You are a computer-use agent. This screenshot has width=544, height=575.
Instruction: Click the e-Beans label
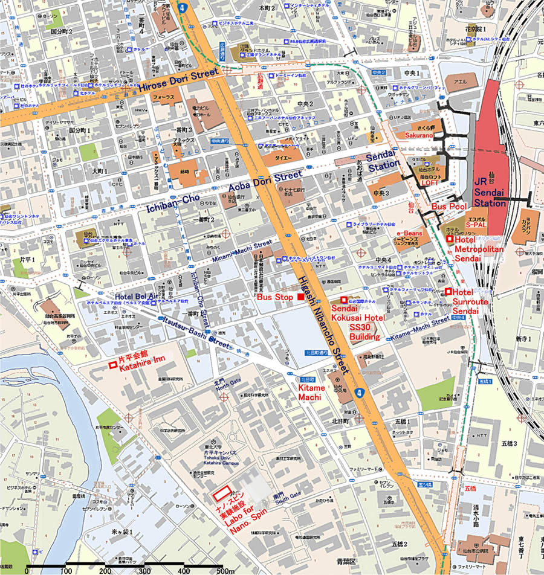(x=409, y=233)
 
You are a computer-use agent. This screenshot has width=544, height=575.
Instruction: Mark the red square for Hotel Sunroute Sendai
(x=448, y=292)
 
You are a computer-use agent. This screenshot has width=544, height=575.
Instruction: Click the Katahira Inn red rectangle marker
(x=112, y=365)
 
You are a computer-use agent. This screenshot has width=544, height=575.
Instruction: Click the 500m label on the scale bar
(x=225, y=571)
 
